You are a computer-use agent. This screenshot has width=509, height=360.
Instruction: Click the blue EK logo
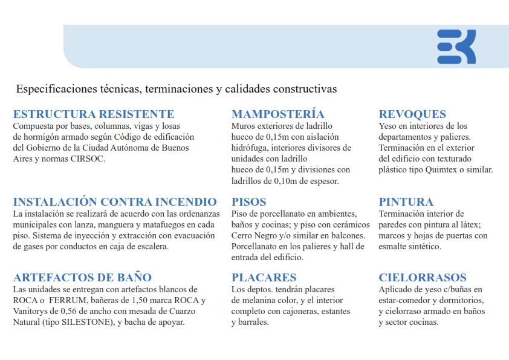coord(456,47)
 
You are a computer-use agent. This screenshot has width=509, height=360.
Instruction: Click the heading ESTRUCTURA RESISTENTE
coord(94,114)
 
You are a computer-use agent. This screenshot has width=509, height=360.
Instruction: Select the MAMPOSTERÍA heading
coord(277,114)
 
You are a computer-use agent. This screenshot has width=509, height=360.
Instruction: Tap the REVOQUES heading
coord(412,114)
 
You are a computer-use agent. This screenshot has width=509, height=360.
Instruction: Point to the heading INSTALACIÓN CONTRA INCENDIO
coord(115,201)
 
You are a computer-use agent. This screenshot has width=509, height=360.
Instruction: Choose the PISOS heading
coord(248,201)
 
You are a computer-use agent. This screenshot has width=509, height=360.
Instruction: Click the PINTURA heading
coord(406,201)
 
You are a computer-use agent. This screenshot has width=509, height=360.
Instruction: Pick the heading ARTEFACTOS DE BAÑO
coord(82,278)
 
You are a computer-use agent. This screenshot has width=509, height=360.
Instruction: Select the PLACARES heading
coord(264,278)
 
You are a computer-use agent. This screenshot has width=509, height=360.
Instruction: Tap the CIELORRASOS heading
coord(423,278)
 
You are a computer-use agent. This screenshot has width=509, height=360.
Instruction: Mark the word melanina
coord(263,300)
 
